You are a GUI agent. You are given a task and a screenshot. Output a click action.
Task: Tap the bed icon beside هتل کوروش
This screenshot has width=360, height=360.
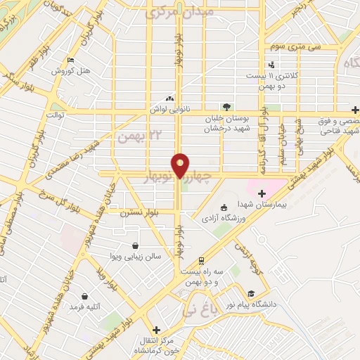pos(69,60)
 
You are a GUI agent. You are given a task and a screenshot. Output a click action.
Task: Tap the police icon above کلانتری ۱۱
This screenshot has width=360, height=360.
pos(271,65)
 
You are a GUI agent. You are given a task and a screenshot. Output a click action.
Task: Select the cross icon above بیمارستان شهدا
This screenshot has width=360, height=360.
pos(262,193)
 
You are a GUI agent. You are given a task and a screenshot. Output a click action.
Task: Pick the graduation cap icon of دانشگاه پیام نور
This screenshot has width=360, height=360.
pos(251,293)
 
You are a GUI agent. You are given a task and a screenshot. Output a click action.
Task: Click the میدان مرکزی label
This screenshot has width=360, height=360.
pos(181,12)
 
